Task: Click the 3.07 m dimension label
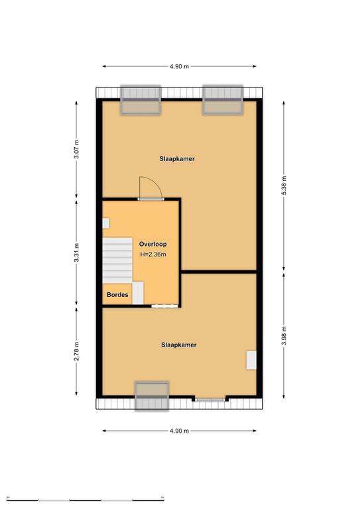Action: pos(76,149)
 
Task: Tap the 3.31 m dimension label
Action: pos(76,253)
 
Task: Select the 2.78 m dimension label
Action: pos(76,351)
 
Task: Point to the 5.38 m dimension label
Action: pos(284,186)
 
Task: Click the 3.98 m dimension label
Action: pos(284,335)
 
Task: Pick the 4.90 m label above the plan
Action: pos(179,66)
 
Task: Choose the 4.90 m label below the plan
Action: pos(179,431)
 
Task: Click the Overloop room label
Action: pos(153,244)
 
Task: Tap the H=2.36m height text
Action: pos(153,254)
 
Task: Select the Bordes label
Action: pos(117,295)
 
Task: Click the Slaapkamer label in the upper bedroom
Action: pos(177,159)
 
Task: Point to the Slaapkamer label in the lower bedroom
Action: pos(179,345)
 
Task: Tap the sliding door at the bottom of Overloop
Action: pos(164,306)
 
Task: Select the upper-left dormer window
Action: pos(141,100)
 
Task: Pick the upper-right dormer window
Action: pos(223,100)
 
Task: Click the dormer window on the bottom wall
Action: pos(152,396)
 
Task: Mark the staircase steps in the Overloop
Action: pos(117,260)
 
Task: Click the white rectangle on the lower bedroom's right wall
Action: pos(251,360)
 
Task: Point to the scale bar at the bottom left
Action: pos(85,498)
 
